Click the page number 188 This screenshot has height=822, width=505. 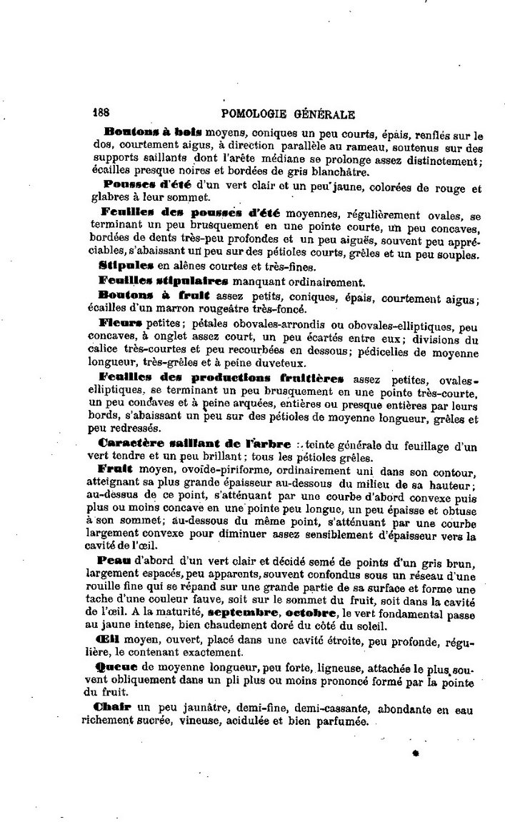(x=104, y=113)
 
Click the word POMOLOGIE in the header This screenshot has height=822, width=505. (x=254, y=114)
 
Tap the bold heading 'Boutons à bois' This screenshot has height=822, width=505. (x=153, y=132)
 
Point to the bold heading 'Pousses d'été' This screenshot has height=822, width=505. (x=141, y=184)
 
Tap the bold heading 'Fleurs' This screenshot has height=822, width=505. (x=122, y=323)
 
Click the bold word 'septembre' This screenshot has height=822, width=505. (x=244, y=613)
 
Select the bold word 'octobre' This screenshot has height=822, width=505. (x=310, y=613)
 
